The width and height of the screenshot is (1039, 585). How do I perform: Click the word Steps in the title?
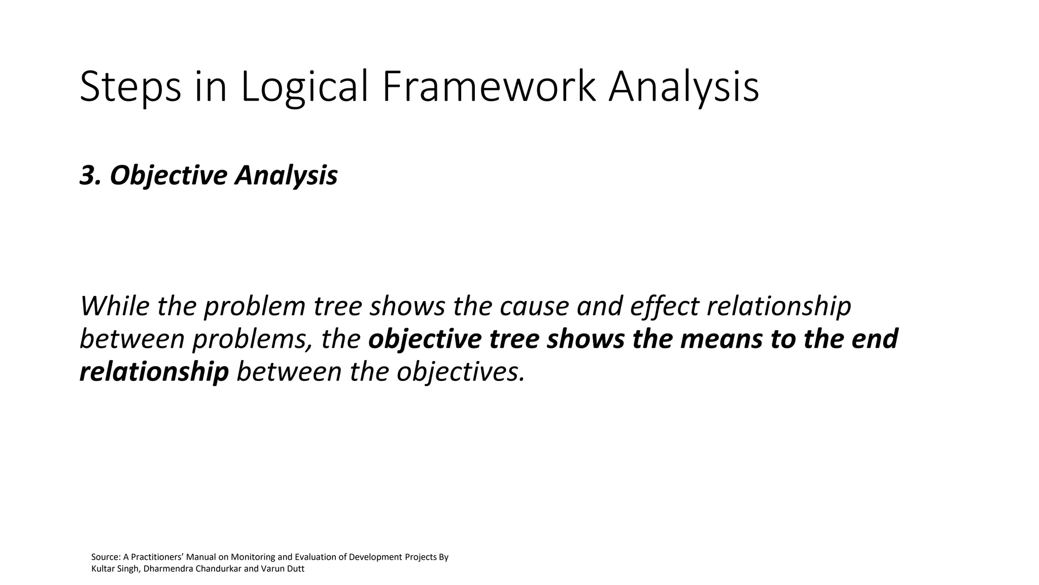pos(130,87)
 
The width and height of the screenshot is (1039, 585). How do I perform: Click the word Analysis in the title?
pos(683,87)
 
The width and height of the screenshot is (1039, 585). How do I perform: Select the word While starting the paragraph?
pos(115,306)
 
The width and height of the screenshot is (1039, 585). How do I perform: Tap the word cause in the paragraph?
pos(534,306)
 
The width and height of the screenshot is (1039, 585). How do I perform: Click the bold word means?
pos(721,339)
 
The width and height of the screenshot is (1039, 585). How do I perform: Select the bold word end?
pos(875,339)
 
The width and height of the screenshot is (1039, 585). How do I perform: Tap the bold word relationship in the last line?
pos(154,372)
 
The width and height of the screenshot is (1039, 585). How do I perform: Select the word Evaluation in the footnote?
pos(315,557)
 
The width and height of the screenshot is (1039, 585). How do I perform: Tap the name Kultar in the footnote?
pos(103,569)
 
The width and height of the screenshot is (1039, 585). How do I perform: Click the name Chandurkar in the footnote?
pos(219,569)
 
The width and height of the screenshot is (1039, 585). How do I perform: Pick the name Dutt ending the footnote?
pos(295,569)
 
